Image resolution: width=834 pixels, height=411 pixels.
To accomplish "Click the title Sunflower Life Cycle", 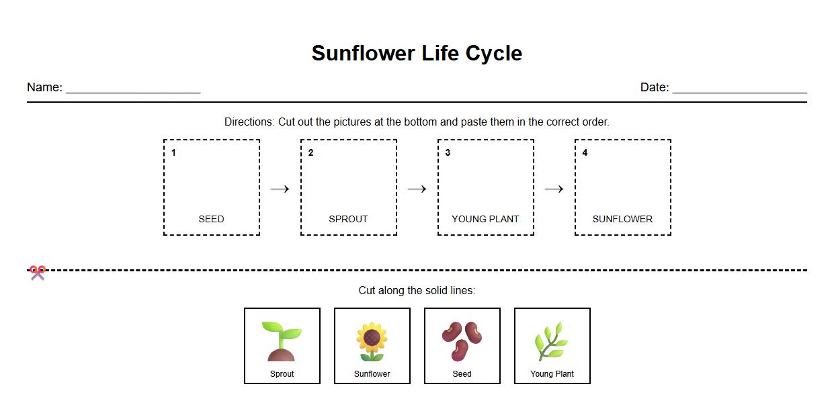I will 417,53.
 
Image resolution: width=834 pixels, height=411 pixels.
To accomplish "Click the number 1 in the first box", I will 173,153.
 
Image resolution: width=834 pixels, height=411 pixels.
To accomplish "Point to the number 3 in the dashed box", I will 448,153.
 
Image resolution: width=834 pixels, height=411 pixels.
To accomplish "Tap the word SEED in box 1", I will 211,219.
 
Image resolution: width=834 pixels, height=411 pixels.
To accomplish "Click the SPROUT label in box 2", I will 348,219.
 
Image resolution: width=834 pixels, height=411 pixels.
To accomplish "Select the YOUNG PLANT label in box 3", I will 485,219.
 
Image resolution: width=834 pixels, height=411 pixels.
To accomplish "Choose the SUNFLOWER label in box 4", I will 622,219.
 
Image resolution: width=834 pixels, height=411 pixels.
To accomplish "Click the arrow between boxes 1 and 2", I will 280,189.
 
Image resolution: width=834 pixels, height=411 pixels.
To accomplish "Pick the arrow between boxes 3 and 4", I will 554,189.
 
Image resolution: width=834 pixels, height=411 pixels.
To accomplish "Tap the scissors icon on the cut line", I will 38,272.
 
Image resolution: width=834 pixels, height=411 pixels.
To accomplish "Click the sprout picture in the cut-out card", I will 282,340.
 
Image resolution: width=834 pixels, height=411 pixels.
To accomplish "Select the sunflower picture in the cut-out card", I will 372,341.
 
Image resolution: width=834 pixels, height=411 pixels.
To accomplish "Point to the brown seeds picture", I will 462,340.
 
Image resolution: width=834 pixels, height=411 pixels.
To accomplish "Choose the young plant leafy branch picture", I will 552,341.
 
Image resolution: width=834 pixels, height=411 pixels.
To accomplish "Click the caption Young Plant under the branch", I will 552,374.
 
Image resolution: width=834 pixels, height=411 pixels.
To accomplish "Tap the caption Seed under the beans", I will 462,374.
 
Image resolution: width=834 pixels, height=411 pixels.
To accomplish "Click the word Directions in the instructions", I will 249,122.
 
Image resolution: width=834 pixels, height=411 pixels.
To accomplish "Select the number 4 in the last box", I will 585,153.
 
